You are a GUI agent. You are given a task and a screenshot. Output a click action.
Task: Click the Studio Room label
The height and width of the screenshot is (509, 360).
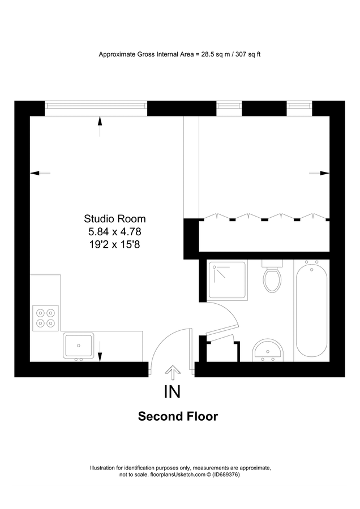115,219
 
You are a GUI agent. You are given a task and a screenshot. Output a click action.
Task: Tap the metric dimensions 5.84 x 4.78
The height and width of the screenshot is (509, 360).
115,231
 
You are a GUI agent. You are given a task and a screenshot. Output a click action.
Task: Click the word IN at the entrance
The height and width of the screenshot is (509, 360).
172,392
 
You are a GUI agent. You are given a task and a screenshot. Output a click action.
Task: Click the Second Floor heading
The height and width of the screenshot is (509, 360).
178,417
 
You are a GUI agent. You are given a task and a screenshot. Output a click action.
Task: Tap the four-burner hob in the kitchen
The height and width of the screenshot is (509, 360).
46,317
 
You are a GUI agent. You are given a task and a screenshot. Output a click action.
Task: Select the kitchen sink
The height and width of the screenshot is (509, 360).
79,346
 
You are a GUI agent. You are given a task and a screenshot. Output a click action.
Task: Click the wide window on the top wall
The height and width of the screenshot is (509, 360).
96,106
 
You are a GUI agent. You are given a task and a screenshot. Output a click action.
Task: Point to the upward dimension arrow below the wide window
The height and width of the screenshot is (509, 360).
100,126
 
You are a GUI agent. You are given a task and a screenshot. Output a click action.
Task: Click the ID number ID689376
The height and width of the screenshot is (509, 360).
227,475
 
